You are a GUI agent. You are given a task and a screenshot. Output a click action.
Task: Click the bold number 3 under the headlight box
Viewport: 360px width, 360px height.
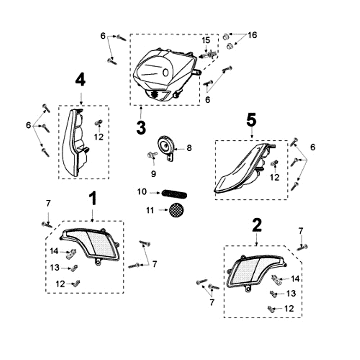point(141,127)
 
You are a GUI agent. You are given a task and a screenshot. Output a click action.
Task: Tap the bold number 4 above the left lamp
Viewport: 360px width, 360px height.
point(80,80)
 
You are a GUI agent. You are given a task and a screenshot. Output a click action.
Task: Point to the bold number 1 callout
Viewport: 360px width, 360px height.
point(92,198)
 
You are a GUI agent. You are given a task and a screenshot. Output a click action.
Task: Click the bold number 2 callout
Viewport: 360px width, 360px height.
point(256,225)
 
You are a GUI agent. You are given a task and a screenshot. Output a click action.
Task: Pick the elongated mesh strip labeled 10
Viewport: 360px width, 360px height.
point(175,193)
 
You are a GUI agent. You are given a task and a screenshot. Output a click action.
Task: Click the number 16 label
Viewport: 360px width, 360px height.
point(252,35)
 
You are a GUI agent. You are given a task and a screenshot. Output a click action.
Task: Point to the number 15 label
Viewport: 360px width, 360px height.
point(206,40)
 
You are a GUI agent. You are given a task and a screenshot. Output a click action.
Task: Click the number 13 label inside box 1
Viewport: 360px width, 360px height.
point(55,267)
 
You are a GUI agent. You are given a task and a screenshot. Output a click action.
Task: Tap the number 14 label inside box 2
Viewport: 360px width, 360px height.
point(295,279)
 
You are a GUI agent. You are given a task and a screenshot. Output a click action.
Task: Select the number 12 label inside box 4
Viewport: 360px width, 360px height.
point(99,136)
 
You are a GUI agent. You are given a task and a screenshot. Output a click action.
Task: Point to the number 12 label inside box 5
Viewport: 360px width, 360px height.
point(274,177)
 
